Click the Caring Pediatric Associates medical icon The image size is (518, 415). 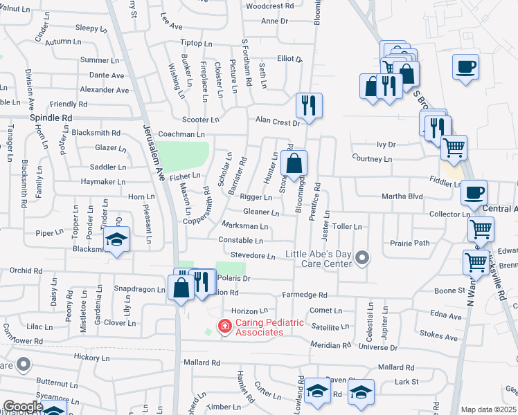pyautogui.click(x=224, y=326)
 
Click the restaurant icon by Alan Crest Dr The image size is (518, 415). pyautogui.click(x=306, y=105)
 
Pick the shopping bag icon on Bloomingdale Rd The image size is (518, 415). pyautogui.click(x=294, y=163)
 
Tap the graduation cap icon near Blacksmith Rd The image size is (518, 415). pyautogui.click(x=116, y=240)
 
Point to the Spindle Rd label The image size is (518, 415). pyautogui.click(x=51, y=118)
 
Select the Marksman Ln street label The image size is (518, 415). pyautogui.click(x=244, y=226)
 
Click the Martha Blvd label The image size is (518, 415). pyautogui.click(x=402, y=196)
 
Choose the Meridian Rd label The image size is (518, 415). pyautogui.click(x=330, y=345)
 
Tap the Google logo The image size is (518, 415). pyautogui.click(x=22, y=407)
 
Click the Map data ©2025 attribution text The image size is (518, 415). pyautogui.click(x=488, y=409)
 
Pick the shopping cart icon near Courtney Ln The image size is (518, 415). pyautogui.click(x=454, y=146)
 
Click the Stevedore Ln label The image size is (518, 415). pyautogui.click(x=253, y=256)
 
